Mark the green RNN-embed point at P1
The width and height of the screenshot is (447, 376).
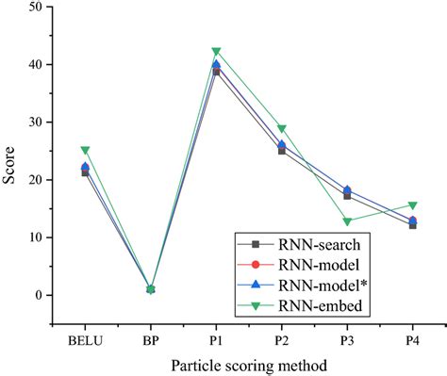(216, 52)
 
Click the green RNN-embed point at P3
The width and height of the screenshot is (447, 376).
(347, 221)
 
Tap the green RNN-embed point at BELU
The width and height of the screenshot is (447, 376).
(86, 150)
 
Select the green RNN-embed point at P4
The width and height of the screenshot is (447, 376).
(412, 205)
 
